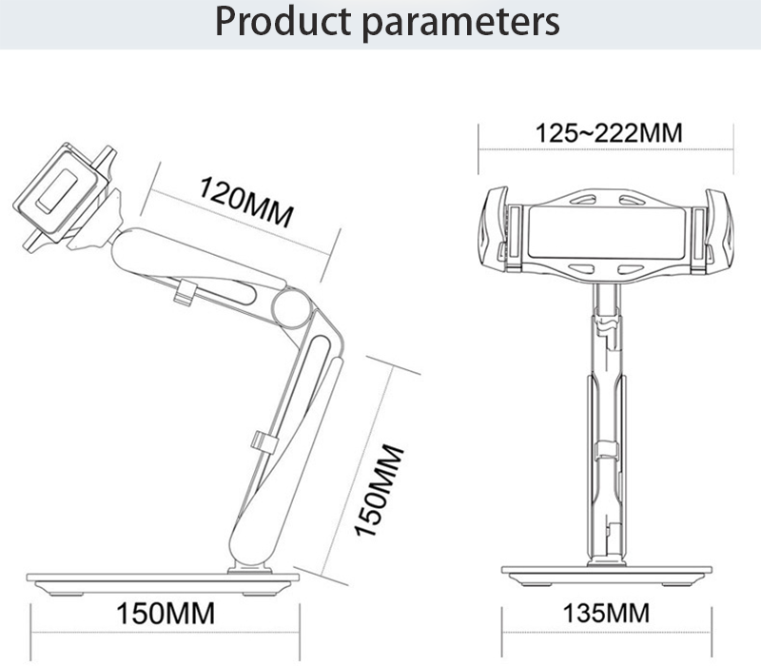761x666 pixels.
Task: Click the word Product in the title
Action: coord(283,22)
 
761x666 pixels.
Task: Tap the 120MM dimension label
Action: coord(246,202)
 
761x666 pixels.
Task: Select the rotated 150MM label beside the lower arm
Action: coord(379,490)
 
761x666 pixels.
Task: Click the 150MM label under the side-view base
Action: coord(165,614)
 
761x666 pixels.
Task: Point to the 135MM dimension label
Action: coord(606,613)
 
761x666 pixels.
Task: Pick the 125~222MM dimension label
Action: coord(609,133)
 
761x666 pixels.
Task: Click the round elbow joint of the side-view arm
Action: coord(291,306)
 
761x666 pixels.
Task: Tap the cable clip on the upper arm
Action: coord(185,292)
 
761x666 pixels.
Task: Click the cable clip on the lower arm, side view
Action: coord(264,441)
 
